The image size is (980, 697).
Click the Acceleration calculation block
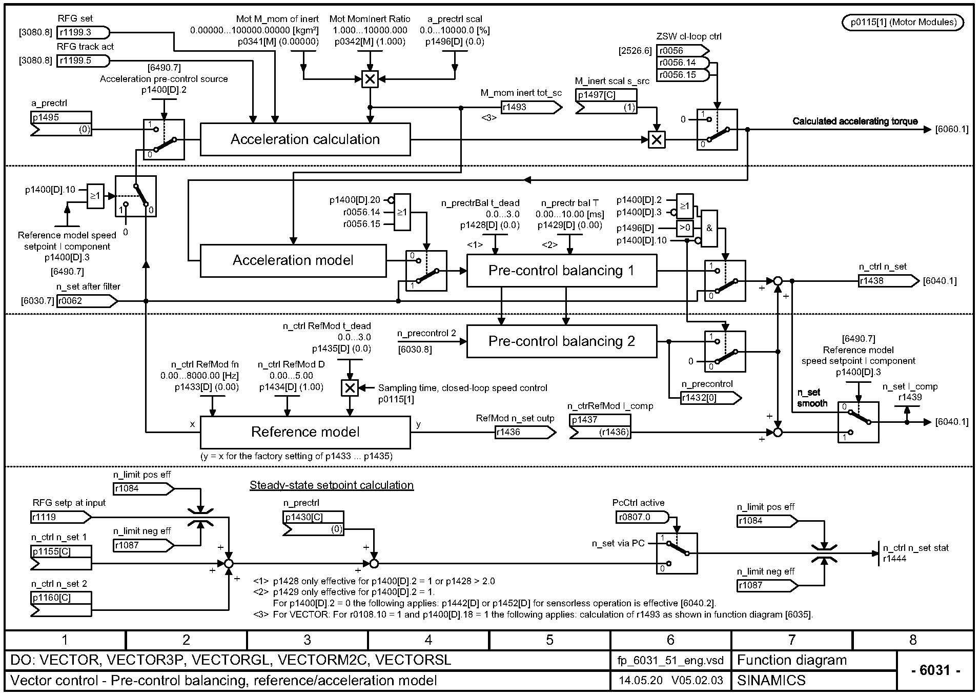[x=305, y=139]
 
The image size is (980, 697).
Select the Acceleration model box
[x=293, y=260]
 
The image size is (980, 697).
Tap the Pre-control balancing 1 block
[x=561, y=271]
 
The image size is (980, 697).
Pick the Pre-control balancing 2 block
[x=561, y=341]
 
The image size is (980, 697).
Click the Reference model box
[x=305, y=432]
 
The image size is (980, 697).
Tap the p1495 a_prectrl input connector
[x=61, y=123]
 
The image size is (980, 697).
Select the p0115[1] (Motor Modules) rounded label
[x=903, y=22]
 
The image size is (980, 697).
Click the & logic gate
[x=709, y=229]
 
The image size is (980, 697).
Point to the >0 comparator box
[x=685, y=228]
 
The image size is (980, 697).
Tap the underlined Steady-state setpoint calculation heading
[x=331, y=485]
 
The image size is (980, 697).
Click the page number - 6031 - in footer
[x=935, y=670]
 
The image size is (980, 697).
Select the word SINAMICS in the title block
[x=771, y=681]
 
